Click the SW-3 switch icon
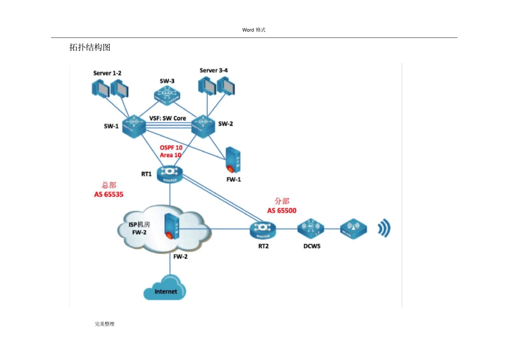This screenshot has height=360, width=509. [x=167, y=95]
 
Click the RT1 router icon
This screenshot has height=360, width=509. [x=170, y=173]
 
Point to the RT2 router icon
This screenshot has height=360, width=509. [x=263, y=230]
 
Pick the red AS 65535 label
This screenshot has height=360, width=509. [x=109, y=194]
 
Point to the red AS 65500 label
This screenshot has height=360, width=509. [x=282, y=211]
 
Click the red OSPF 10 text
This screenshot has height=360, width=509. [x=171, y=147]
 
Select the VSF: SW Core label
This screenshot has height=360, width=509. [x=168, y=118]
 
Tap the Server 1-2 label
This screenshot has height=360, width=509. [x=107, y=73]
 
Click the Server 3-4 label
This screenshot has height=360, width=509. [x=213, y=70]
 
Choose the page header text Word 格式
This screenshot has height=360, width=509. [x=254, y=30]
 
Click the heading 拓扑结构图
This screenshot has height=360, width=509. [x=90, y=48]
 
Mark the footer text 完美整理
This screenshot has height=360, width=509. [x=104, y=324]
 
